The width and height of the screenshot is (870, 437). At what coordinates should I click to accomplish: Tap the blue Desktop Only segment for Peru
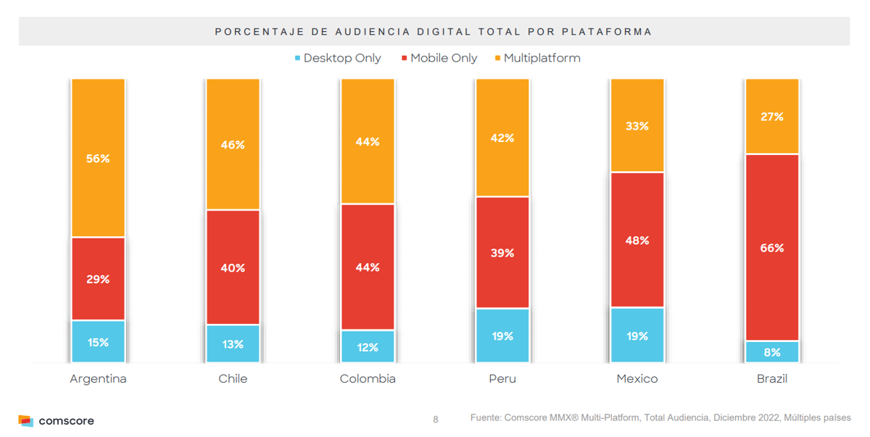pyautogui.click(x=502, y=336)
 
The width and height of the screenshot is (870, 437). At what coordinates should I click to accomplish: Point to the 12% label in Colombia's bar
pyautogui.click(x=368, y=347)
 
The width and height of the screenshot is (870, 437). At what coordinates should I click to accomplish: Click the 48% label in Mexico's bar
pyautogui.click(x=637, y=240)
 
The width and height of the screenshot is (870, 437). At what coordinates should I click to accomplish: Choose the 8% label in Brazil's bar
pyautogui.click(x=772, y=352)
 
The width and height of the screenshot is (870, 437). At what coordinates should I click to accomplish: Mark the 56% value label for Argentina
pyautogui.click(x=98, y=158)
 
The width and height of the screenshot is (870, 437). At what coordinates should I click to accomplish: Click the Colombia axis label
pyautogui.click(x=368, y=378)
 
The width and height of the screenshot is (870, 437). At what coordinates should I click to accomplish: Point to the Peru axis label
pyautogui.click(x=502, y=378)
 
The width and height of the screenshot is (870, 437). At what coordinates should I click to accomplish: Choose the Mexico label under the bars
pyautogui.click(x=637, y=378)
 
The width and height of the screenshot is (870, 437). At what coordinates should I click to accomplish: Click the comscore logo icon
pyautogui.click(x=25, y=420)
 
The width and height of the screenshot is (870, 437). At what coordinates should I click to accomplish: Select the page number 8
pyautogui.click(x=436, y=420)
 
